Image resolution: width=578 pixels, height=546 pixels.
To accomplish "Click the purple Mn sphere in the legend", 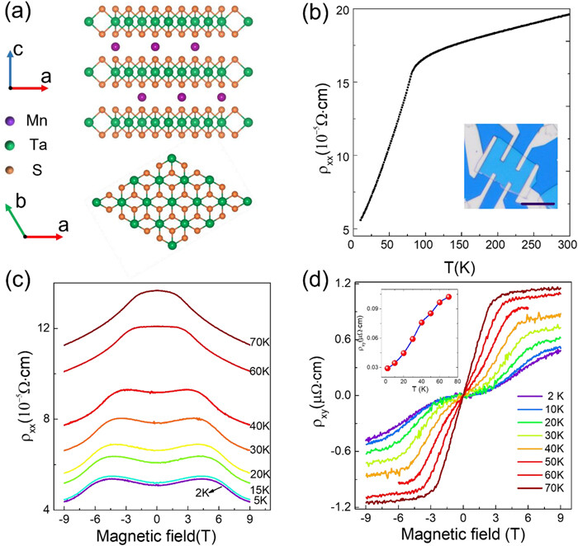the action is coord(11,120).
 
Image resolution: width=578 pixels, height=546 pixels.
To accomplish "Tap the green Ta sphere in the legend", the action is coord(11,145).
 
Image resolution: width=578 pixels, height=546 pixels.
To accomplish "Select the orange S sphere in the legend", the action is coord(11,170).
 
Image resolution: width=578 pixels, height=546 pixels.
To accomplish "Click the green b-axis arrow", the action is coord(15,220).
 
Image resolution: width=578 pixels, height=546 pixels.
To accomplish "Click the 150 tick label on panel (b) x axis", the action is coord(460,245).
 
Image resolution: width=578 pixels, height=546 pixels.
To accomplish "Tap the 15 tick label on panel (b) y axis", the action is coord(342,82).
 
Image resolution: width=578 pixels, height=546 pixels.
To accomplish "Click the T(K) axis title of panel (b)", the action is coord(459,267).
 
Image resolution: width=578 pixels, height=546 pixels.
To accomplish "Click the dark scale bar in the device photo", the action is coord(538,203).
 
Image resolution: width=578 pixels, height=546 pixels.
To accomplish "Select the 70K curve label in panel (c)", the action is coord(260,342).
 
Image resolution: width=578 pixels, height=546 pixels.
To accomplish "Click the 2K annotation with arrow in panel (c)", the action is coord(209,491).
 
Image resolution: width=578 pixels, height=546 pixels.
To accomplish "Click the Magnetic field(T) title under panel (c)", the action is coord(156,536).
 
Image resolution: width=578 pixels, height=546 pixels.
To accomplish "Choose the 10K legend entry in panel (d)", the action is coord(541,409).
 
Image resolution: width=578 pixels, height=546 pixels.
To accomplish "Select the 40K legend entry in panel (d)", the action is coord(541,449).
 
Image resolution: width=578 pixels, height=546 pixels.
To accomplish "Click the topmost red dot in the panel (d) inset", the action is coord(448,296).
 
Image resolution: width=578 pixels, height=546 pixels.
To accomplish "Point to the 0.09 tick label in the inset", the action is coord(372,308).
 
